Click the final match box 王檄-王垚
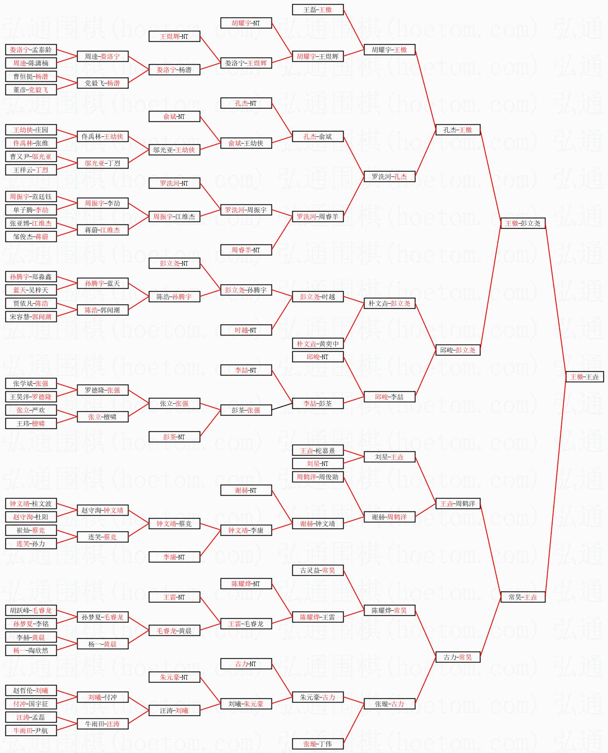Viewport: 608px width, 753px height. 584,377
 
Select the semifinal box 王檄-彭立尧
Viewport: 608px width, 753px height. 523,223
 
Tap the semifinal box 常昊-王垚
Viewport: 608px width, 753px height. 523,597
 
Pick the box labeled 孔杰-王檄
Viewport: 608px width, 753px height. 457,130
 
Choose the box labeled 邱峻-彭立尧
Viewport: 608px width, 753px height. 457,350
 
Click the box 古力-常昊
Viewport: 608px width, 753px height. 457,657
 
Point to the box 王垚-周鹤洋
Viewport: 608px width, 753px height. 457,504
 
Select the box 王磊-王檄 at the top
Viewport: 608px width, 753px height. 318,10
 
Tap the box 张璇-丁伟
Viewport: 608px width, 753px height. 318,744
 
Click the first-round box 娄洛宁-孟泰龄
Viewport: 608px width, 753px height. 31,50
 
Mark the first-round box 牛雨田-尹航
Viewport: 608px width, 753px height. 31,730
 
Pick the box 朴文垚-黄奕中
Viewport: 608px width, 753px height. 318,343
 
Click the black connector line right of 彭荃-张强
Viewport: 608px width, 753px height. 282,407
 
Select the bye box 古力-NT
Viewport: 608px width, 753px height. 246,664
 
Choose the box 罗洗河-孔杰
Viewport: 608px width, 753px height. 389,176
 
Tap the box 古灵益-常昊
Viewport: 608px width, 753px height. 318,570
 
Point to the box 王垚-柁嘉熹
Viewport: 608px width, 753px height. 318,451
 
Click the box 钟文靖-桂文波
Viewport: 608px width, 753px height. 31,504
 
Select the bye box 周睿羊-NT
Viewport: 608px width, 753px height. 246,250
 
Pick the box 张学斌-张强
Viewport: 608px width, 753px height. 31,383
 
